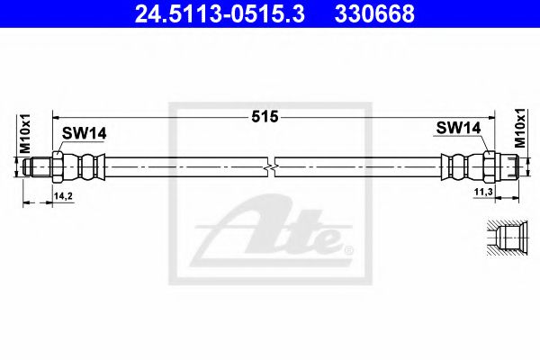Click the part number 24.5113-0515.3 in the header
click(x=220, y=13)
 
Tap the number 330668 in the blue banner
click(x=374, y=13)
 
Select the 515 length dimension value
click(x=265, y=117)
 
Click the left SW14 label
click(x=85, y=133)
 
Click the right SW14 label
click(x=458, y=128)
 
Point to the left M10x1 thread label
click(x=25, y=134)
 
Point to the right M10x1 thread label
click(x=520, y=128)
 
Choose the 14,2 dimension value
click(x=63, y=196)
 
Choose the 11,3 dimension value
click(x=483, y=192)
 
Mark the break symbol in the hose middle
click(x=271, y=167)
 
